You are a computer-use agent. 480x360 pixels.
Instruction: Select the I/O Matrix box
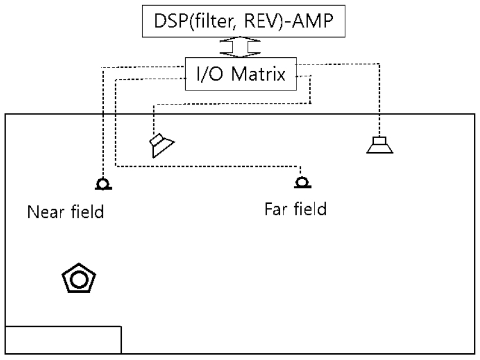click(x=241, y=73)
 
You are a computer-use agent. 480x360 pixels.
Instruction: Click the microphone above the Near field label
click(x=102, y=184)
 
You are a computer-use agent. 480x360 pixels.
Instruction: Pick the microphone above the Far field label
click(x=301, y=182)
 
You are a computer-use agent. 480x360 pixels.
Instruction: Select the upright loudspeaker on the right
click(x=380, y=144)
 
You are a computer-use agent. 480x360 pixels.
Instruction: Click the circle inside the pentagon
click(x=79, y=279)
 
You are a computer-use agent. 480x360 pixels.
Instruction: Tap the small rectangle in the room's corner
click(x=63, y=339)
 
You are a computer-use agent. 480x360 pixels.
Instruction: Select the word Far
click(x=276, y=209)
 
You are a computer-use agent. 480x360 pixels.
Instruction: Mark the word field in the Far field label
click(x=309, y=209)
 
